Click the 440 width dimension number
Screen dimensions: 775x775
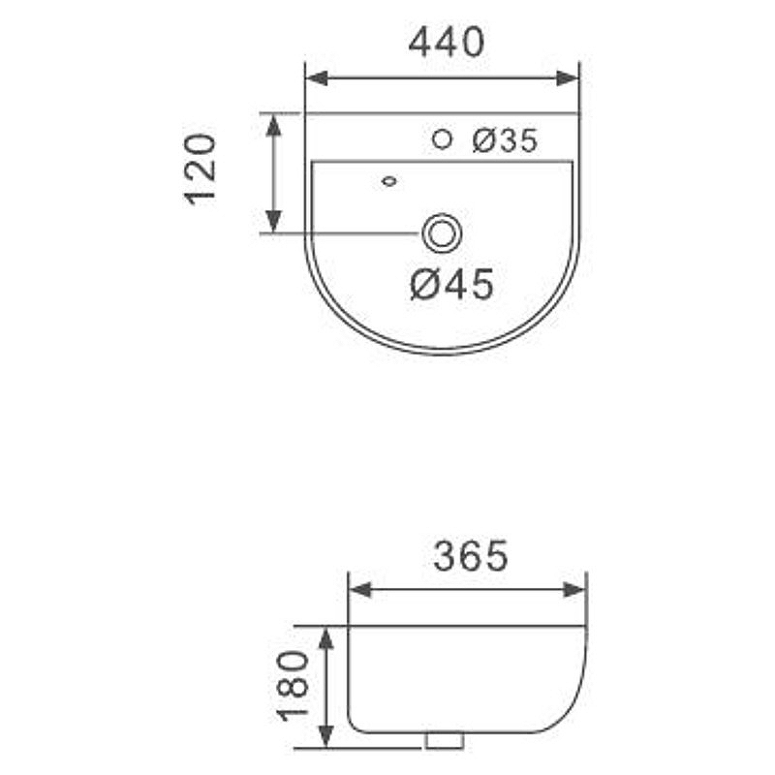447,43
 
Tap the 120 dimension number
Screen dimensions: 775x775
201,169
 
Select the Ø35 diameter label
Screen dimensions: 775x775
505,140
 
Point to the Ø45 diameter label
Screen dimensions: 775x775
451,284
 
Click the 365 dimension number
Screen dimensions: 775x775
471,555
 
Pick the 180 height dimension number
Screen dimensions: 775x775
293,686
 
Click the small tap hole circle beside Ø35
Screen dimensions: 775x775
442,139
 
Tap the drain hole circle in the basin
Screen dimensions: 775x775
442,232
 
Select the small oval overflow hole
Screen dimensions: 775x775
390,181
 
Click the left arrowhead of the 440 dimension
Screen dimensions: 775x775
317,78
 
